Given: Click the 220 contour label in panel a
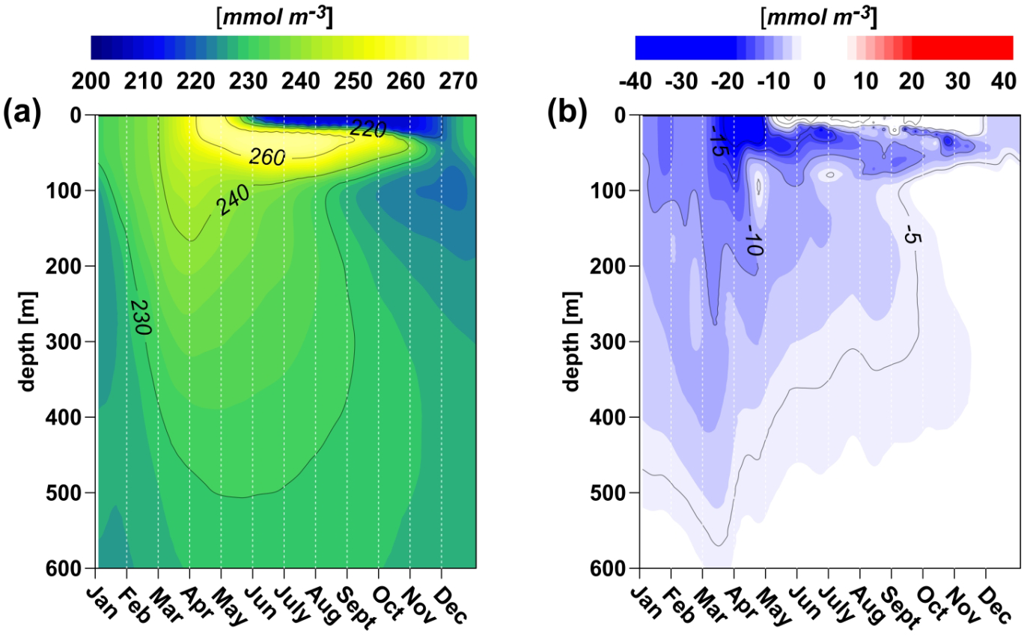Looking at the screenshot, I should tap(368, 130).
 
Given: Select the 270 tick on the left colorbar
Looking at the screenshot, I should tap(459, 79).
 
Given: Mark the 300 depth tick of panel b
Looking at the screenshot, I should tap(611, 341).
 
